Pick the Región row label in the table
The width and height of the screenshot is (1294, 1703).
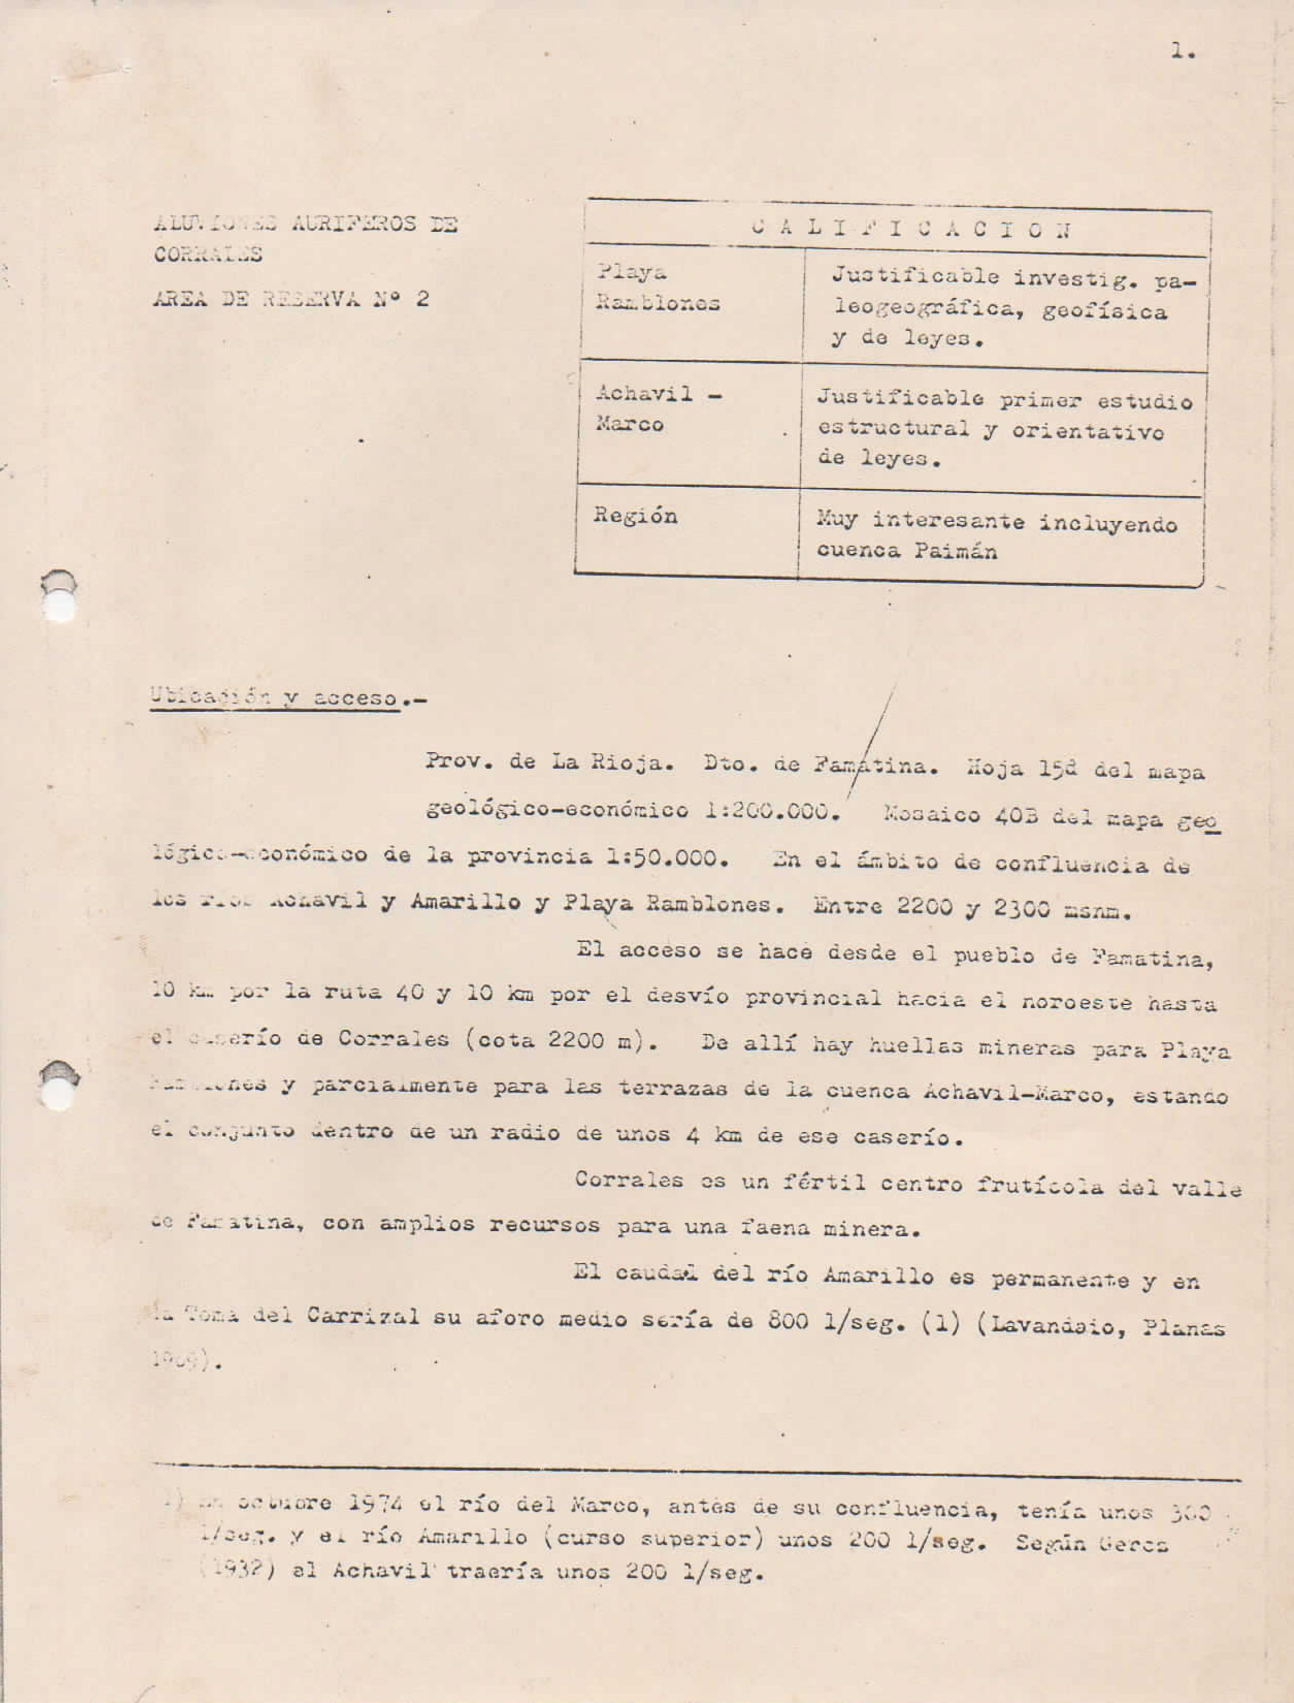pyautogui.click(x=635, y=516)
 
